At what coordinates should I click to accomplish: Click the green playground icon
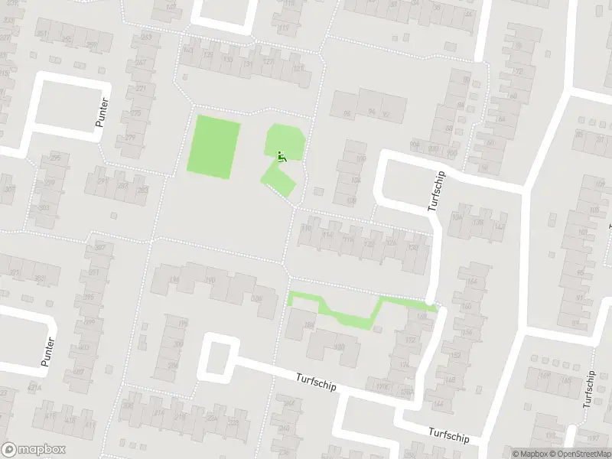pos(282,158)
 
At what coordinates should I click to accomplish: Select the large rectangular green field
pos(213,147)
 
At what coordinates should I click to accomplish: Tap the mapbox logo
pos(34,450)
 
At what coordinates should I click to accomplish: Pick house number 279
pos(130,138)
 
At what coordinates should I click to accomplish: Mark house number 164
pos(471,282)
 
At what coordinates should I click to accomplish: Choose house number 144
pos(438,404)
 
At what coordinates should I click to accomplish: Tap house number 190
pos(211,280)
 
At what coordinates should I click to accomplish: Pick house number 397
pos(99,247)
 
